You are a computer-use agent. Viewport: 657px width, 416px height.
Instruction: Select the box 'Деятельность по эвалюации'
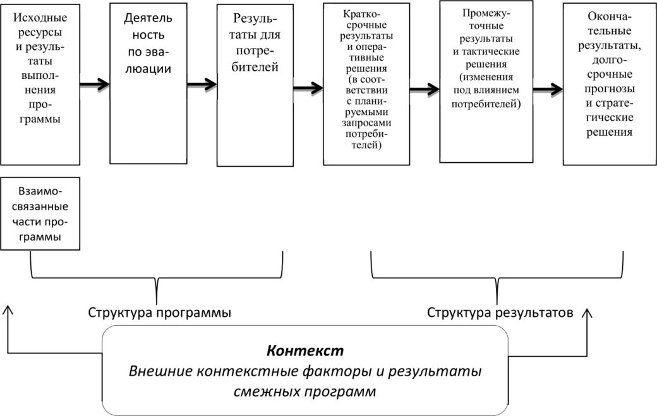(148, 83)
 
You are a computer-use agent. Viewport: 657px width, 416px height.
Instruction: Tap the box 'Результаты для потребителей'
(256, 85)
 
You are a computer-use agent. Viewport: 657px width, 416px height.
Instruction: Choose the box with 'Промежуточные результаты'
(486, 82)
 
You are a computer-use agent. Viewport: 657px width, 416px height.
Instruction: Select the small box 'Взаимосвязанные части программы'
(40, 214)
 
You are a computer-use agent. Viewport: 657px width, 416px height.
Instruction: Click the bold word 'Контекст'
(304, 350)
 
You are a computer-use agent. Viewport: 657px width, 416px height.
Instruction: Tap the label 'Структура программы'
(159, 312)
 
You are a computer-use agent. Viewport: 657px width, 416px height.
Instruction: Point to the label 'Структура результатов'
(500, 312)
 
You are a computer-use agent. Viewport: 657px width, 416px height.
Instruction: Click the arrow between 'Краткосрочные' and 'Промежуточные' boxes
(424, 88)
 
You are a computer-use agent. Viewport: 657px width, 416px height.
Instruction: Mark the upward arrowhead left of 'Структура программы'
(8, 309)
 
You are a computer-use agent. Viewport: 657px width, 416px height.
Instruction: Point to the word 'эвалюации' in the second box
(149, 68)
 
